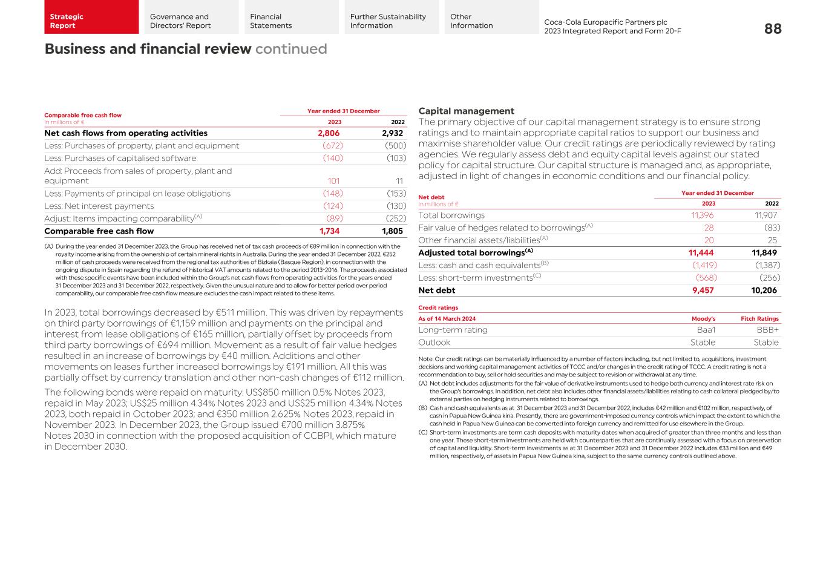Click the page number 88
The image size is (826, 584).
[772, 28]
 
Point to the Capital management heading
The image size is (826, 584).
[466, 111]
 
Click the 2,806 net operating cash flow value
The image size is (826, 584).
[329, 133]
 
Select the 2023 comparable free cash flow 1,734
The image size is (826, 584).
[329, 231]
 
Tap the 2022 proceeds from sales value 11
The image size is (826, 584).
[399, 181]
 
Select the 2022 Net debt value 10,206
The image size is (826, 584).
[764, 290]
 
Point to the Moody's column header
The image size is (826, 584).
[703, 319]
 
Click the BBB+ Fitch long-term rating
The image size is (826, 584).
[767, 330]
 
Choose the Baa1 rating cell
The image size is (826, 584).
[706, 330]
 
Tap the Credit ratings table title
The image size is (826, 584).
[438, 307]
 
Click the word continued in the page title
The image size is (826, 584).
[291, 49]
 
